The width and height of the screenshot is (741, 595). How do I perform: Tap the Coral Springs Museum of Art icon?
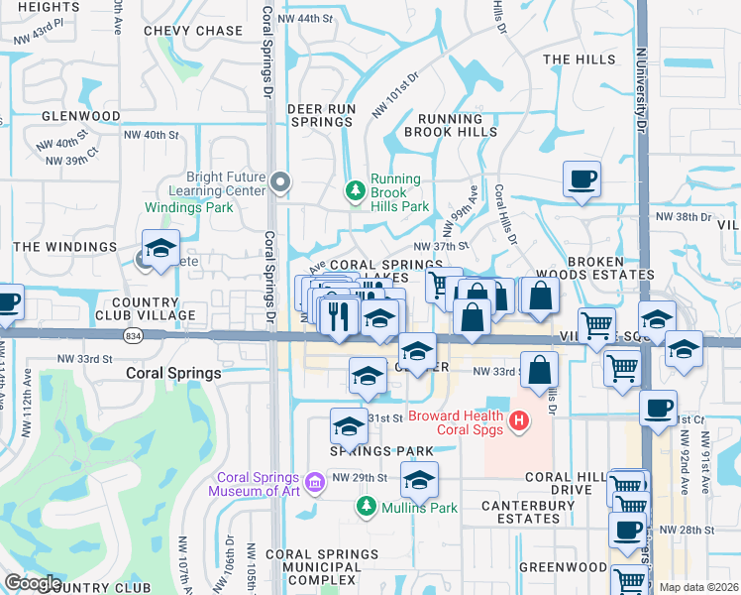[315, 484]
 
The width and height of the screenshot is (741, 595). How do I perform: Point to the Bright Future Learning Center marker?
[281, 181]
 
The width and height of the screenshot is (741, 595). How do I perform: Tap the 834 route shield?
[132, 336]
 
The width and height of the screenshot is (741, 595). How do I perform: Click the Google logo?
[33, 583]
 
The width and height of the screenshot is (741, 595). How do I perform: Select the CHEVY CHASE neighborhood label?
[193, 31]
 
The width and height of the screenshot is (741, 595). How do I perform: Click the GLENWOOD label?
[81, 116]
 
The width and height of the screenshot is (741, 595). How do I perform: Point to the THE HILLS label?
[580, 59]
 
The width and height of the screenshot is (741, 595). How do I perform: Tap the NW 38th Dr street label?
[684, 216]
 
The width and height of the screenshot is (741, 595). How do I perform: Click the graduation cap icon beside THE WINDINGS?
[159, 249]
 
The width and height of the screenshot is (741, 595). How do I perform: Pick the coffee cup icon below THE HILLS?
[582, 179]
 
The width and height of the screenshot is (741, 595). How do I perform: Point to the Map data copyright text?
[698, 587]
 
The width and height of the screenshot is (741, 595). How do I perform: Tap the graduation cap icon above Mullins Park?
[418, 481]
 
